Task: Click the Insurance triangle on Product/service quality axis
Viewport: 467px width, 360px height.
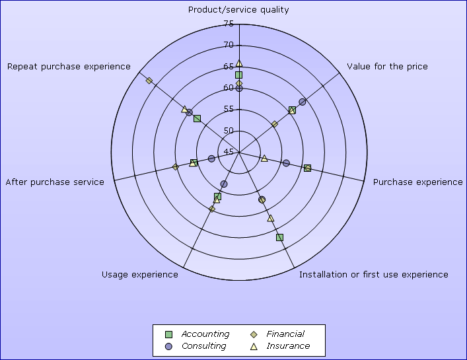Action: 239,63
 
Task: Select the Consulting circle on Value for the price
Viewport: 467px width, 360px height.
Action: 303,102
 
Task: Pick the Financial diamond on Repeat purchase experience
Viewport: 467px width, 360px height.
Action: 149,81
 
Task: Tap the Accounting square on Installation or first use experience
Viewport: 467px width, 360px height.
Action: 279,237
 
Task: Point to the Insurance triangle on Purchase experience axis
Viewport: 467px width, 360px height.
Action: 264,159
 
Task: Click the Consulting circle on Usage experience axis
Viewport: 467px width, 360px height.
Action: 224,184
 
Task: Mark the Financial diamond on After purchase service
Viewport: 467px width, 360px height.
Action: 176,166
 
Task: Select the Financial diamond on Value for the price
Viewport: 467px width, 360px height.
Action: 275,124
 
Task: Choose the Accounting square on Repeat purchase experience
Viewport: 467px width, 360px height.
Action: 197,119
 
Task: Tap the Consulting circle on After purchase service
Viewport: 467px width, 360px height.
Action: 211,159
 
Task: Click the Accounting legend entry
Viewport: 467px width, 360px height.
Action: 197,334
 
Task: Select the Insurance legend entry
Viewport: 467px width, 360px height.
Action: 280,346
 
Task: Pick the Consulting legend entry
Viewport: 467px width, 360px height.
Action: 196,346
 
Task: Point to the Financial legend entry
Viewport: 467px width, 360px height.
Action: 277,334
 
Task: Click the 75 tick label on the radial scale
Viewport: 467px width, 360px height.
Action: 229,24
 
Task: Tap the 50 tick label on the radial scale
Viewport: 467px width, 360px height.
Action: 229,130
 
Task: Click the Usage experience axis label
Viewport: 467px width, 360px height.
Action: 140,274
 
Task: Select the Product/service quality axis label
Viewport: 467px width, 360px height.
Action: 238,10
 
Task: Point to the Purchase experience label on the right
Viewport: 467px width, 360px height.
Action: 418,182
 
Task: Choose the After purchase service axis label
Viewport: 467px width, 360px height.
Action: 55,182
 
